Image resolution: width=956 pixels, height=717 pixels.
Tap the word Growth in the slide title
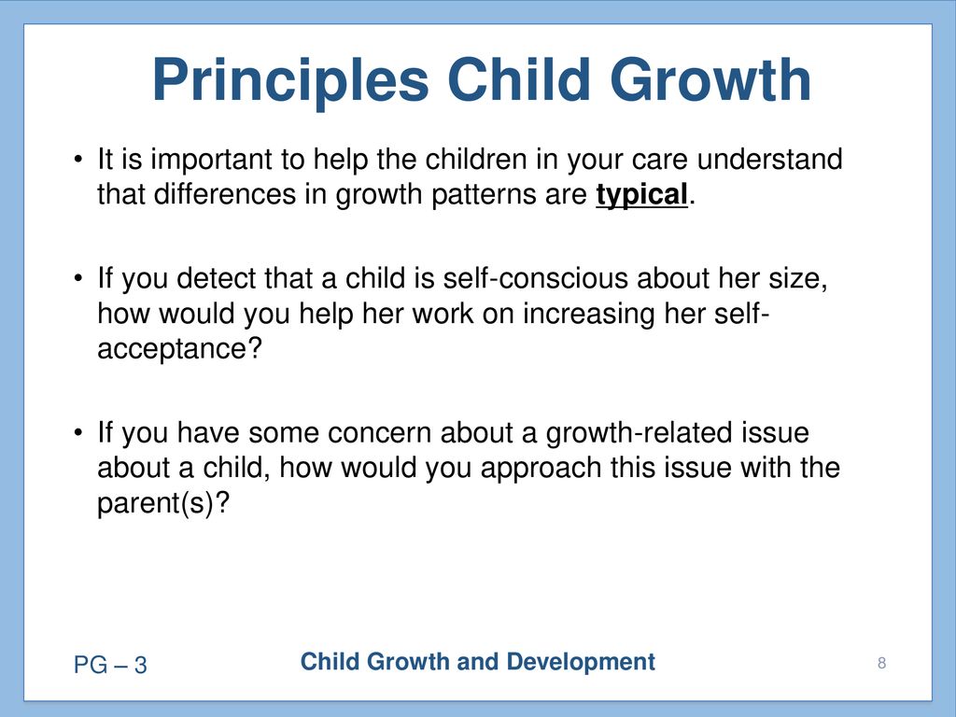pos(710,80)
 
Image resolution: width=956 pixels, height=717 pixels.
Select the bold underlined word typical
pos(642,196)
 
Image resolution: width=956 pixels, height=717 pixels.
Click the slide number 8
pos(881,663)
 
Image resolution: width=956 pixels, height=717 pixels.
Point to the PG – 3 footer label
pos(110,665)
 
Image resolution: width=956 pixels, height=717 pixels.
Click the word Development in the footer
pos(581,662)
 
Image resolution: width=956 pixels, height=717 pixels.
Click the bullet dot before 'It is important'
pos(77,160)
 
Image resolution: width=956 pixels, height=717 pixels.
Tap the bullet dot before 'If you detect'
pos(77,278)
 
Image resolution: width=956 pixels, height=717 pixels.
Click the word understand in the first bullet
pos(769,159)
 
